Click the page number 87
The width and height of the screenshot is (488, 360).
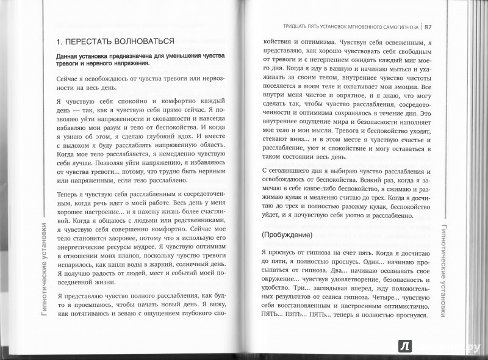coord(428,26)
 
